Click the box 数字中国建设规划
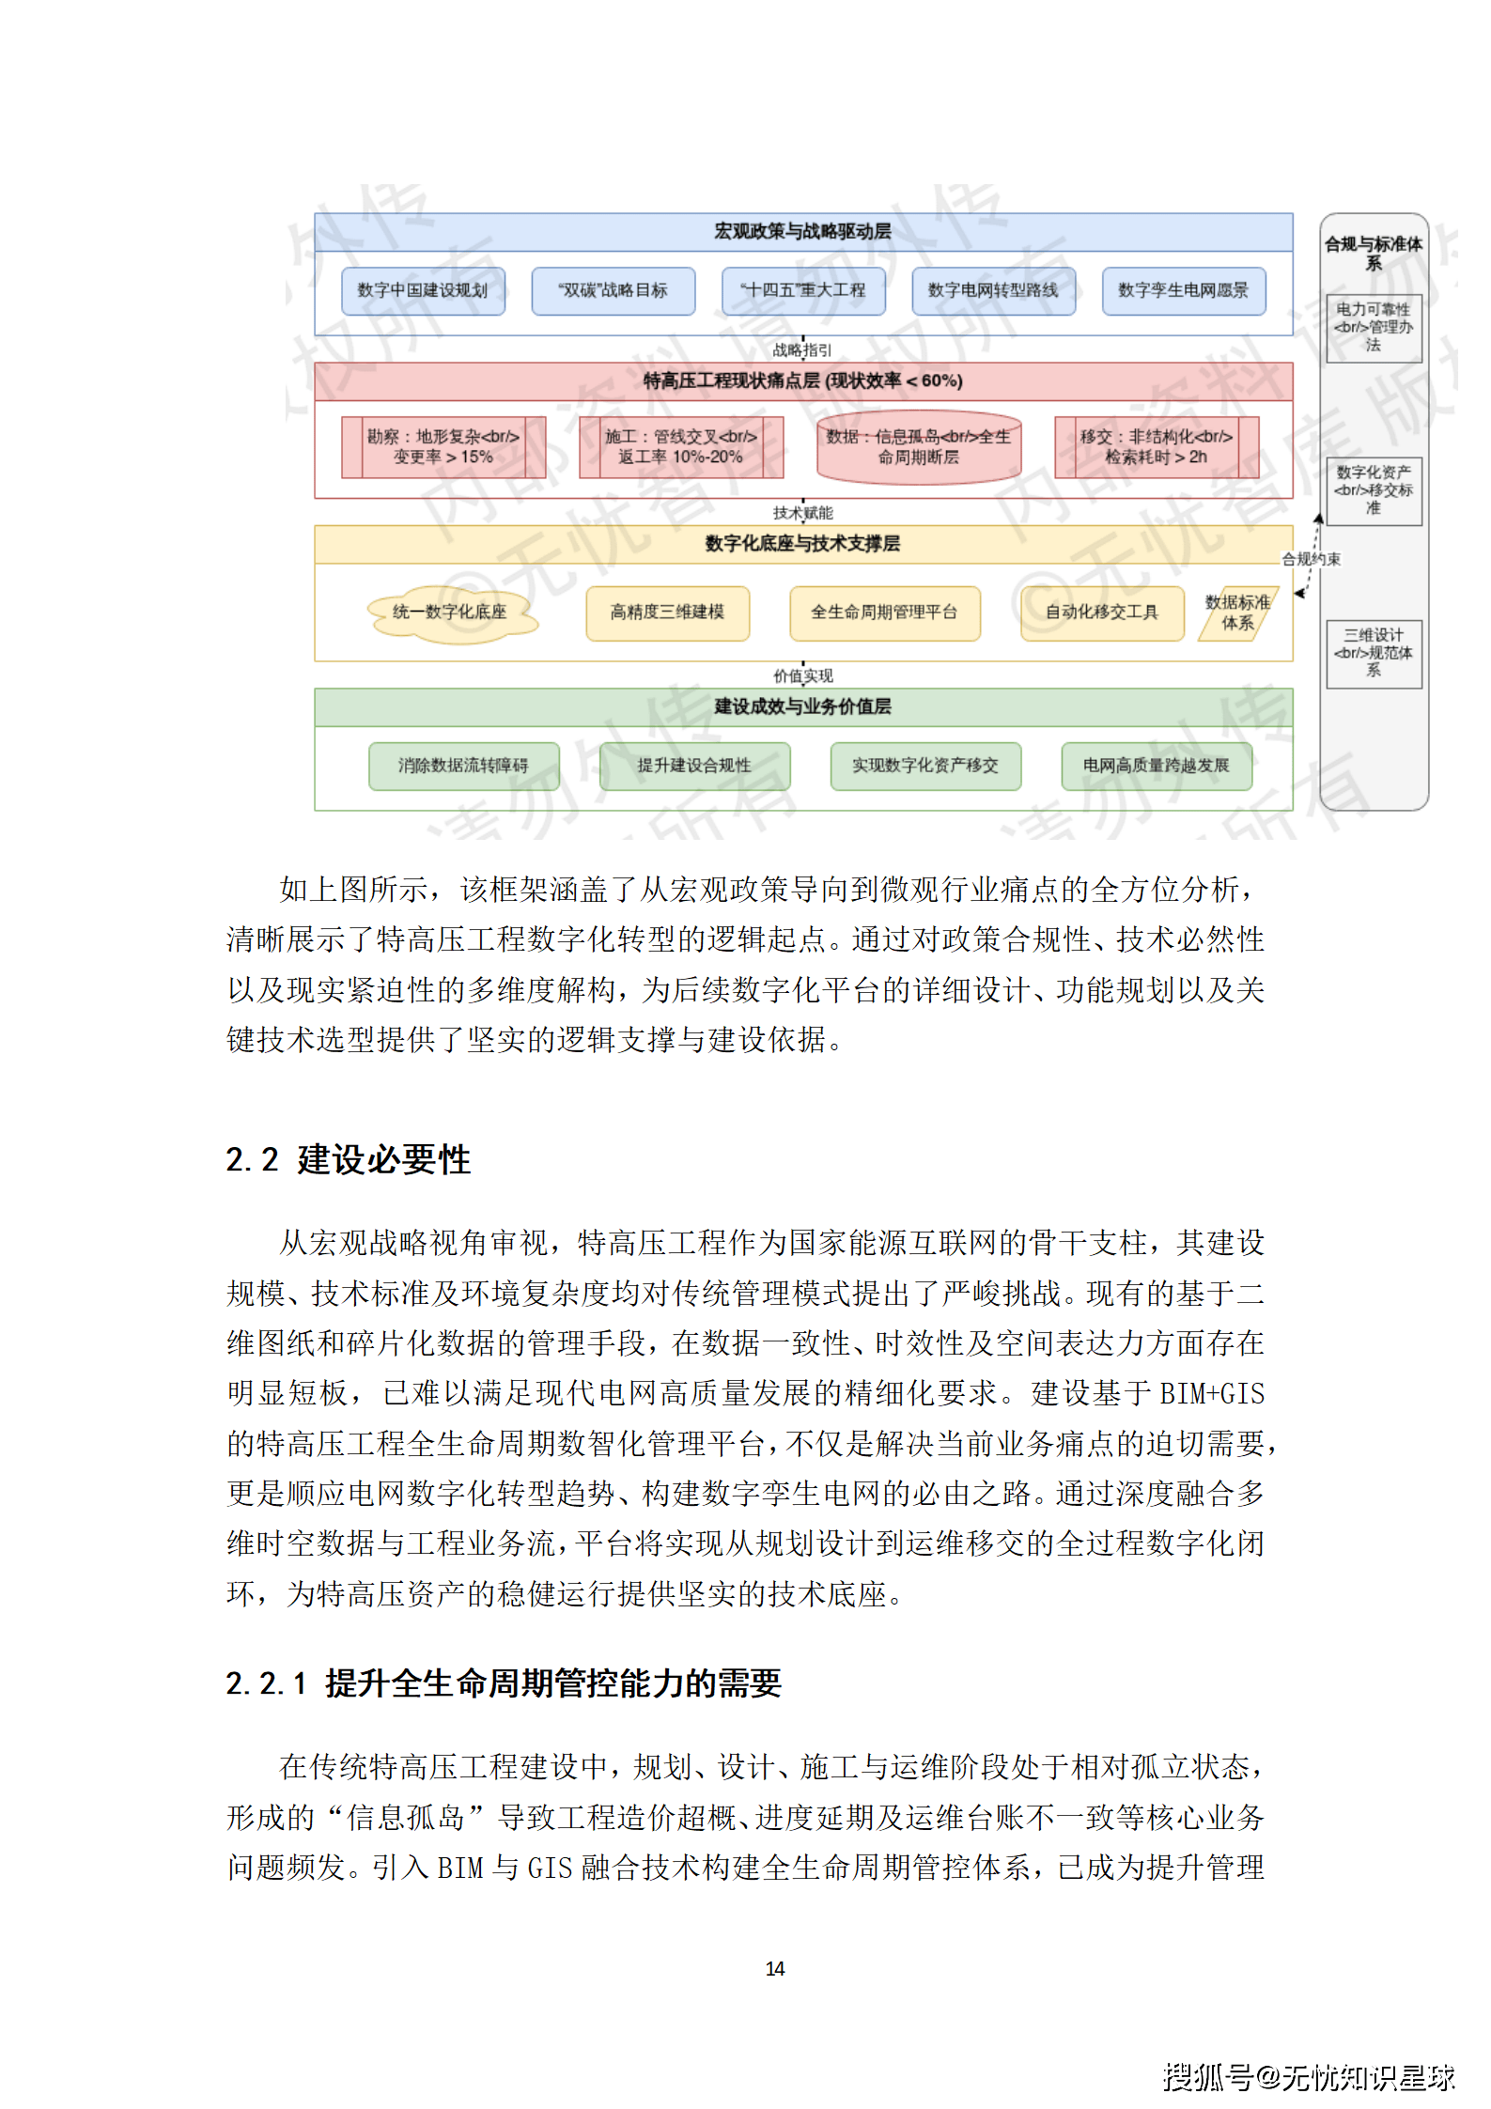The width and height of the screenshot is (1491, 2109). pyautogui.click(x=423, y=291)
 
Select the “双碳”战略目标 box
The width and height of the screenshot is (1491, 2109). pyautogui.click(x=613, y=291)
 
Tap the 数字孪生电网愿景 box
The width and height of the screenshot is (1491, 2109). pyautogui.click(x=1183, y=291)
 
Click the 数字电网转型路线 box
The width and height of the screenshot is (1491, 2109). pyautogui.click(x=993, y=291)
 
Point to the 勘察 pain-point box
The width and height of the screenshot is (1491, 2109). pyautogui.click(x=443, y=447)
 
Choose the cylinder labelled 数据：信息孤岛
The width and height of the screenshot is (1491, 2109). pyautogui.click(x=918, y=447)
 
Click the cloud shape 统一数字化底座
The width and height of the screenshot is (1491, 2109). pyautogui.click(x=450, y=613)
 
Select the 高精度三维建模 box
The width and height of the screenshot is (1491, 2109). pyautogui.click(x=667, y=613)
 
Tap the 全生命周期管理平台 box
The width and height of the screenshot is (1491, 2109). pyautogui.click(x=884, y=613)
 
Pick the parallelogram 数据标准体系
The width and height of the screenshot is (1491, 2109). pyautogui.click(x=1237, y=613)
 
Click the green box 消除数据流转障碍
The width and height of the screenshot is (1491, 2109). pyautogui.click(x=463, y=766)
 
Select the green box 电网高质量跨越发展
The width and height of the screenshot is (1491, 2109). pyautogui.click(x=1156, y=766)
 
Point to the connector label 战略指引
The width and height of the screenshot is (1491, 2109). pyautogui.click(x=802, y=350)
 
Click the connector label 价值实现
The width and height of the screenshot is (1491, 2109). pyautogui.click(x=802, y=675)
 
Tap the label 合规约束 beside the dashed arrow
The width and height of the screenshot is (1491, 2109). pyautogui.click(x=1312, y=559)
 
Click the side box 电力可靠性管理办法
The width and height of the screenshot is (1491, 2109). pyautogui.click(x=1373, y=328)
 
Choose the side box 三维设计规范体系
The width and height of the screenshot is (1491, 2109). pyautogui.click(x=1373, y=653)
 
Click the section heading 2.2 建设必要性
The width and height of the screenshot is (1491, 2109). pyautogui.click(x=348, y=1159)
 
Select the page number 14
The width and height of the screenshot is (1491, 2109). pyautogui.click(x=775, y=1968)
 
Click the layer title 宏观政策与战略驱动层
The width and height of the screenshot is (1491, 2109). pyautogui.click(x=802, y=231)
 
